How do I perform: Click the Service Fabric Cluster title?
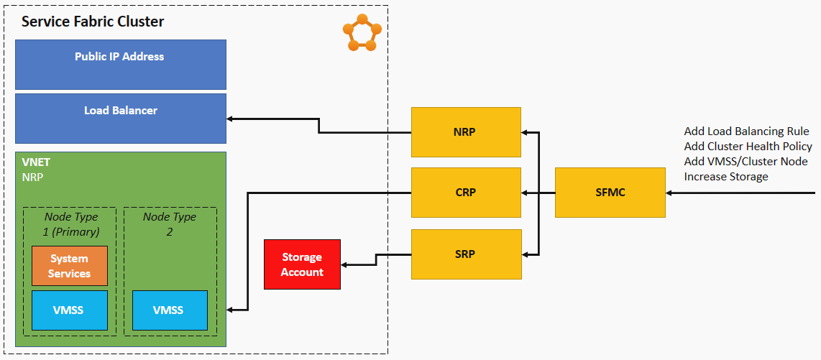click(93, 22)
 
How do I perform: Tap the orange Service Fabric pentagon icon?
click(362, 33)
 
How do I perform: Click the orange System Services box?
click(70, 266)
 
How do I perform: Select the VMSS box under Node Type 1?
click(70, 310)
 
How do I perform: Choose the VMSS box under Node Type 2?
click(170, 310)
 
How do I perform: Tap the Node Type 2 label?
click(170, 223)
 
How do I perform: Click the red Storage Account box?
click(302, 264)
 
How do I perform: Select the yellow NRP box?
click(466, 131)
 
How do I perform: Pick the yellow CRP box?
click(466, 193)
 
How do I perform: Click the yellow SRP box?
click(466, 254)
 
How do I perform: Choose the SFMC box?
click(610, 193)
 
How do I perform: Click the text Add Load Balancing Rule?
click(746, 131)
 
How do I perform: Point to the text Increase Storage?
click(726, 177)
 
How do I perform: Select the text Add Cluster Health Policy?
click(748, 147)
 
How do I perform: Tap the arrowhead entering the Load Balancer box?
click(231, 118)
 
